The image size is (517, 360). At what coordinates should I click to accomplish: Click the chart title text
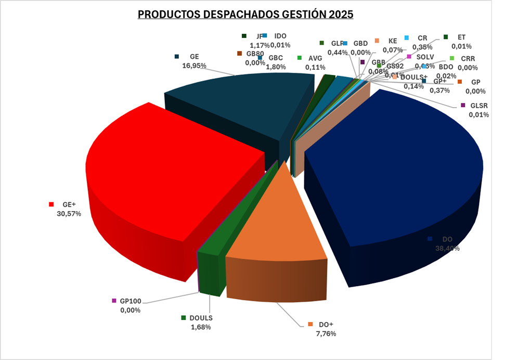coord(245,15)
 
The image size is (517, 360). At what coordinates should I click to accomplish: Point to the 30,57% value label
coord(66,213)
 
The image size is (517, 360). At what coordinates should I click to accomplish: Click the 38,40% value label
coord(447,248)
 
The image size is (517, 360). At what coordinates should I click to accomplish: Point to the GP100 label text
coord(130,301)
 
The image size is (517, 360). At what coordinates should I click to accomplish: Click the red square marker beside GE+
coord(51,204)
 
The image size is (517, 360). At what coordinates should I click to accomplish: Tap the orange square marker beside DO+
coord(311,325)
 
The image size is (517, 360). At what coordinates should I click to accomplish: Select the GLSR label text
coord(479,106)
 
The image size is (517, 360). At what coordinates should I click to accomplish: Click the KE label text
coord(393,40)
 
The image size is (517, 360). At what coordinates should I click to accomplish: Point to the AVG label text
coord(316,58)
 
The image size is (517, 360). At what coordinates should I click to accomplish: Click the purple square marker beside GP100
coord(114,301)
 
